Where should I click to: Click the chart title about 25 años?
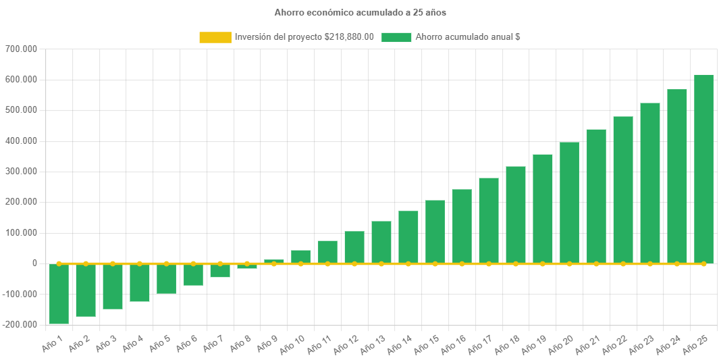360,13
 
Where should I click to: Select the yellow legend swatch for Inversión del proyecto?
215,37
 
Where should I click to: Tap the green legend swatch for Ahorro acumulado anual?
396,37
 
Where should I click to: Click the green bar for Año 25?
703,169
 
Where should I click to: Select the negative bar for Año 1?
59,294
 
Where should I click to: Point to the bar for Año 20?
569,203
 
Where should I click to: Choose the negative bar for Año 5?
166,279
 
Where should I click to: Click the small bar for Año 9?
273,261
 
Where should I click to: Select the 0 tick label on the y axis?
34,263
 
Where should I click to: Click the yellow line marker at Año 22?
623,263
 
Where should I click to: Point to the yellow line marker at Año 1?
59,263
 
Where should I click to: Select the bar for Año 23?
650,183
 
